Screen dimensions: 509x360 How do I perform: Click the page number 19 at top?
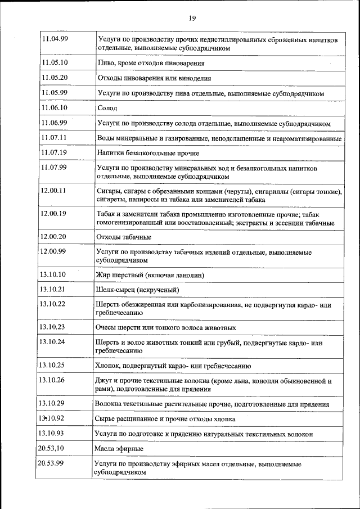pyautogui.click(x=192, y=19)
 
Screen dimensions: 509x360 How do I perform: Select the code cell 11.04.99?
pyautogui.click(x=55, y=39)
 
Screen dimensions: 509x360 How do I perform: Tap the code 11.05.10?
pyautogui.click(x=55, y=63)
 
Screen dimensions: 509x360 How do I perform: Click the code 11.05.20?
pyautogui.click(x=55, y=78)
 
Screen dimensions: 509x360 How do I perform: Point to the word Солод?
pyautogui.click(x=107, y=107)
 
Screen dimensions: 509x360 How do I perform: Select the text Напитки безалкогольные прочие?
pyautogui.click(x=148, y=153)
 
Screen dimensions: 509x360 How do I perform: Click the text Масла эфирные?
pyautogui.click(x=119, y=448)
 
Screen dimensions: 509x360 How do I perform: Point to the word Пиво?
pyautogui.click(x=106, y=64)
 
